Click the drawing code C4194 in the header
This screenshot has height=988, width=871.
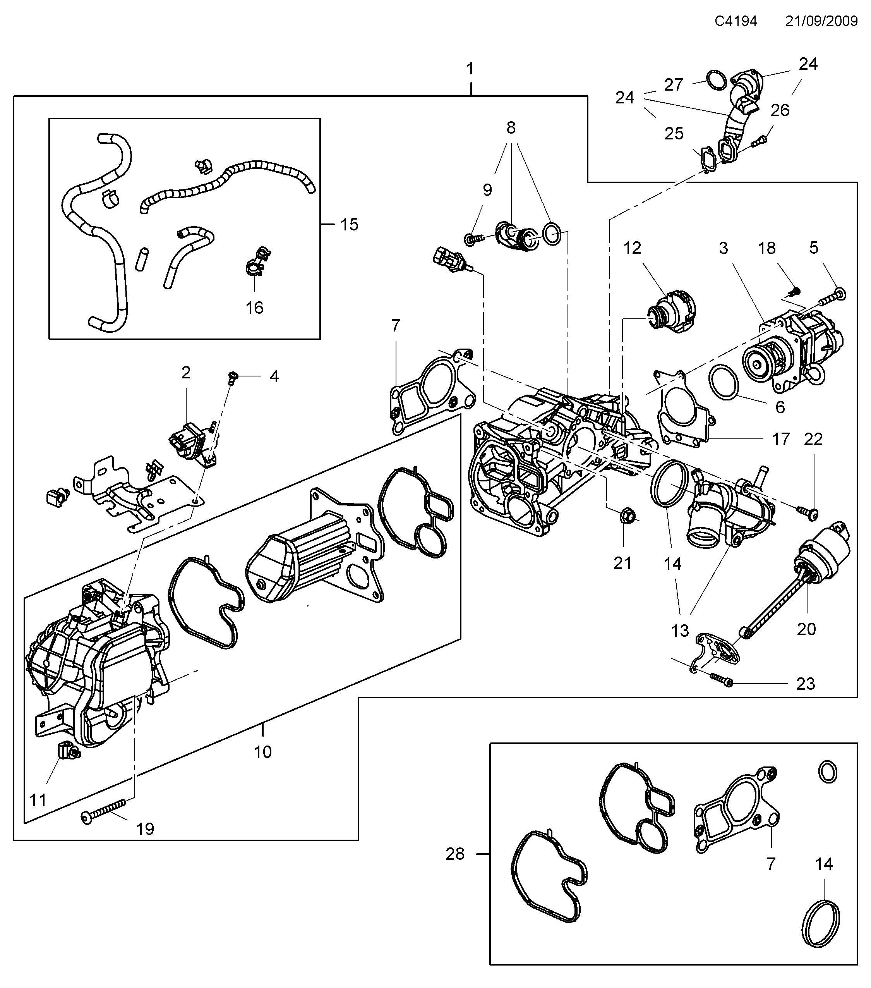[x=736, y=21]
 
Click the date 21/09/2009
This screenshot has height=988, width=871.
[x=821, y=21]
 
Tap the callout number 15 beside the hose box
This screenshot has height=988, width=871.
[x=349, y=224]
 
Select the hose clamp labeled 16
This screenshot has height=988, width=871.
[x=256, y=266]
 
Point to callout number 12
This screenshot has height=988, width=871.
[x=632, y=248]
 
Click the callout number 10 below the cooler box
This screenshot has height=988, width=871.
[x=263, y=752]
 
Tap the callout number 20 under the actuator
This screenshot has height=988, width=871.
[x=806, y=629]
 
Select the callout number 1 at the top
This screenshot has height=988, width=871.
[x=470, y=69]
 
